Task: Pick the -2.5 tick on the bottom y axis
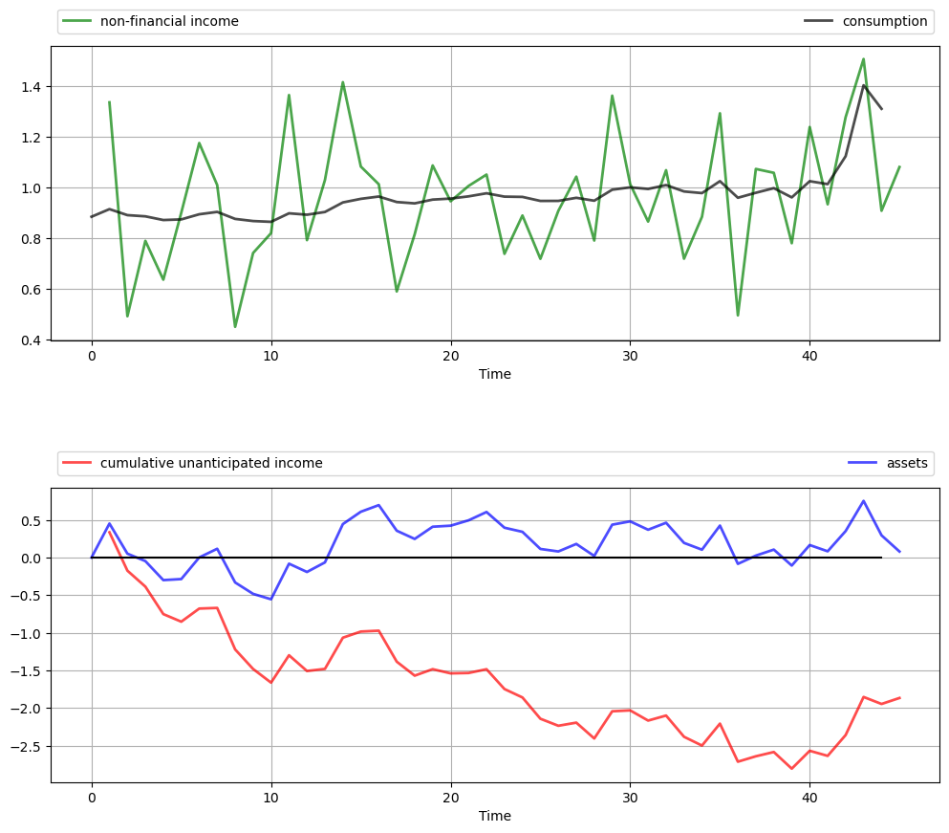(28, 746)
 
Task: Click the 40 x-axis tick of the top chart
(809, 354)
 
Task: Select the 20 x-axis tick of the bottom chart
(451, 796)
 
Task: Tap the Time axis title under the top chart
(495, 374)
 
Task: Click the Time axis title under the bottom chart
(495, 816)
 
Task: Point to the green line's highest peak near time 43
(863, 59)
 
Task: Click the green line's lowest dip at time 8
(235, 327)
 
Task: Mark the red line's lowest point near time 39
(791, 769)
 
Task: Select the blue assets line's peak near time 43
(863, 501)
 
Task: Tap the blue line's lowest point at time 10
(271, 600)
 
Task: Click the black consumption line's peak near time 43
(863, 86)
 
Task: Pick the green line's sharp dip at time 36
(738, 316)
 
